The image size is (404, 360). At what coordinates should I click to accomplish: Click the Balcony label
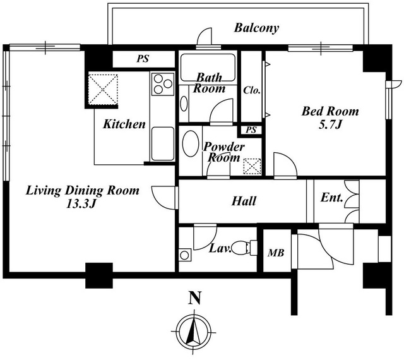click(256, 28)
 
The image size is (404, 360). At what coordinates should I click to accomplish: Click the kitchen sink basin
click(163, 143)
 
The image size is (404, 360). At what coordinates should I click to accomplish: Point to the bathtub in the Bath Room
click(208, 68)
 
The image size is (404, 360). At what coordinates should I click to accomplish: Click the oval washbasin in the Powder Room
click(191, 143)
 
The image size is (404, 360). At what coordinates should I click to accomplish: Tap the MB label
click(276, 253)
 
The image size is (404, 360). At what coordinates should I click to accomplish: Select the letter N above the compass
click(195, 298)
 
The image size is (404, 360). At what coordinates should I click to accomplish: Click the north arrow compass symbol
click(194, 331)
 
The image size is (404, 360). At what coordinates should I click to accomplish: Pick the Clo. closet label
click(252, 90)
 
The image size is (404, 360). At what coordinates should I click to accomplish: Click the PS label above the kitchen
click(143, 59)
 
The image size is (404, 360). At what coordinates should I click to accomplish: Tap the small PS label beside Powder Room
click(251, 129)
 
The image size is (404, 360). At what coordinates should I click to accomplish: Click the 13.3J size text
click(81, 204)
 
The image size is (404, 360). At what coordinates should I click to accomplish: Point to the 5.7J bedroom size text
click(330, 125)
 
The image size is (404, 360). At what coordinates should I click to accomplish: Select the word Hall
click(244, 201)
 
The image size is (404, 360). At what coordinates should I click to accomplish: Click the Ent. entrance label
click(332, 198)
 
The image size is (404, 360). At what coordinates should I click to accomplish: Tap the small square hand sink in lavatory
click(184, 255)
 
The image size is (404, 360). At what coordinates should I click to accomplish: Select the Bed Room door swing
click(285, 165)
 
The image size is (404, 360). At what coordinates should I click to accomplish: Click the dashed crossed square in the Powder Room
click(252, 167)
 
